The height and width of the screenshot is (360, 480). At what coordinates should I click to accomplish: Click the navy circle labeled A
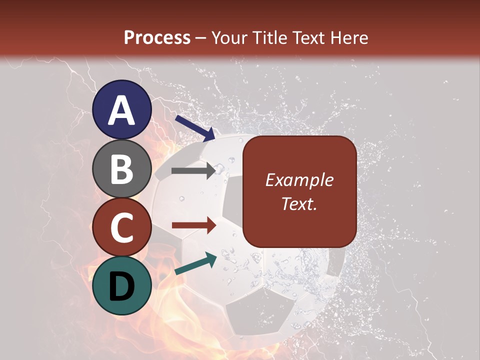click(122, 109)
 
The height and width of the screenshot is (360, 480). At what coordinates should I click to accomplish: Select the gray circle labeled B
click(122, 168)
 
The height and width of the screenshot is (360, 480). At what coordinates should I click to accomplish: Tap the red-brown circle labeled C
click(122, 227)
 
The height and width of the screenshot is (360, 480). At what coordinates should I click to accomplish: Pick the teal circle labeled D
click(122, 285)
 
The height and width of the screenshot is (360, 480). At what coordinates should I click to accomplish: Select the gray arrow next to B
click(193, 170)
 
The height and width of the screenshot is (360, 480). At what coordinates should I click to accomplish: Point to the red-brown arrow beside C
click(193, 225)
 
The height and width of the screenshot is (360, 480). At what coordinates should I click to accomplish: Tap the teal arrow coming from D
click(195, 263)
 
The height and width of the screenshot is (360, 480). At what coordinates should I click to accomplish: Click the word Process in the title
click(157, 38)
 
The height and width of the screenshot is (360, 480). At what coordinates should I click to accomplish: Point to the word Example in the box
click(299, 180)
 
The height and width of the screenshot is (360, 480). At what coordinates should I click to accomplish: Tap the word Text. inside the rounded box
click(299, 203)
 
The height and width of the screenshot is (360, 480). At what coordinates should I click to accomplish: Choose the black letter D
click(122, 286)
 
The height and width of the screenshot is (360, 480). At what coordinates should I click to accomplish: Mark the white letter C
click(122, 228)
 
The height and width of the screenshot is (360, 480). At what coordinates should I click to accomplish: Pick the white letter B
click(122, 169)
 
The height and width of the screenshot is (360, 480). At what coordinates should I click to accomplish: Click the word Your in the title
click(230, 38)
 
